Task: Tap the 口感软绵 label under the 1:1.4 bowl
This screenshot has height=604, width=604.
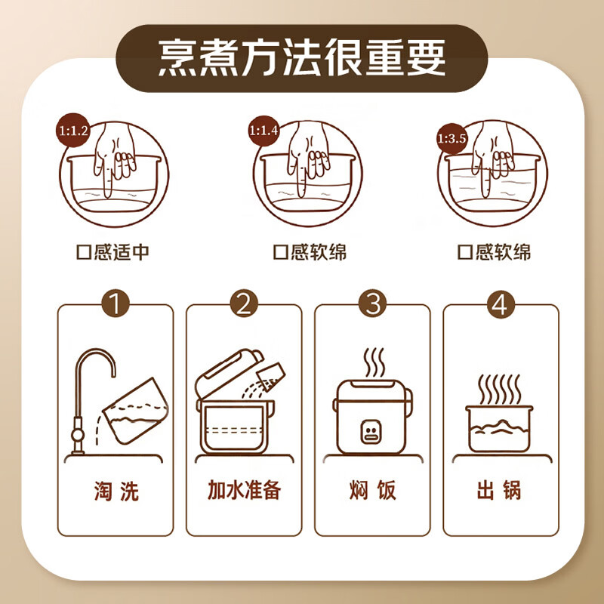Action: [x=310, y=251]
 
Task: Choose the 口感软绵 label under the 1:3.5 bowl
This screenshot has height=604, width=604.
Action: [x=494, y=251]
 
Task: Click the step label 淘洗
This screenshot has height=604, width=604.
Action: [x=115, y=491]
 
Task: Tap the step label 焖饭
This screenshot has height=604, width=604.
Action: [x=371, y=491]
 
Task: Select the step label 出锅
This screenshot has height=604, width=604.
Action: [x=500, y=491]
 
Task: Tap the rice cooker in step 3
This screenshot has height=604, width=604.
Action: [x=371, y=419]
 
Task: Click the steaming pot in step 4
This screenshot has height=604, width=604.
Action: [x=499, y=427]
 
